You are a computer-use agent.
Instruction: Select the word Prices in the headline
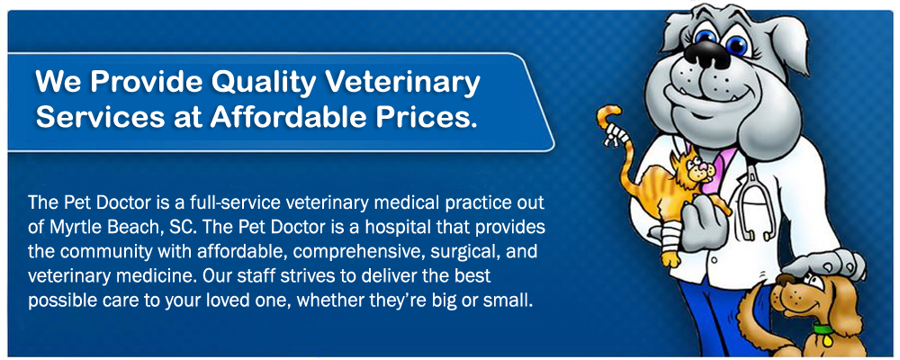pos(426,117)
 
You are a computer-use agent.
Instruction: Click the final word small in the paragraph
pos(512,301)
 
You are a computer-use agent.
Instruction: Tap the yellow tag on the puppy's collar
pos(827,340)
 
